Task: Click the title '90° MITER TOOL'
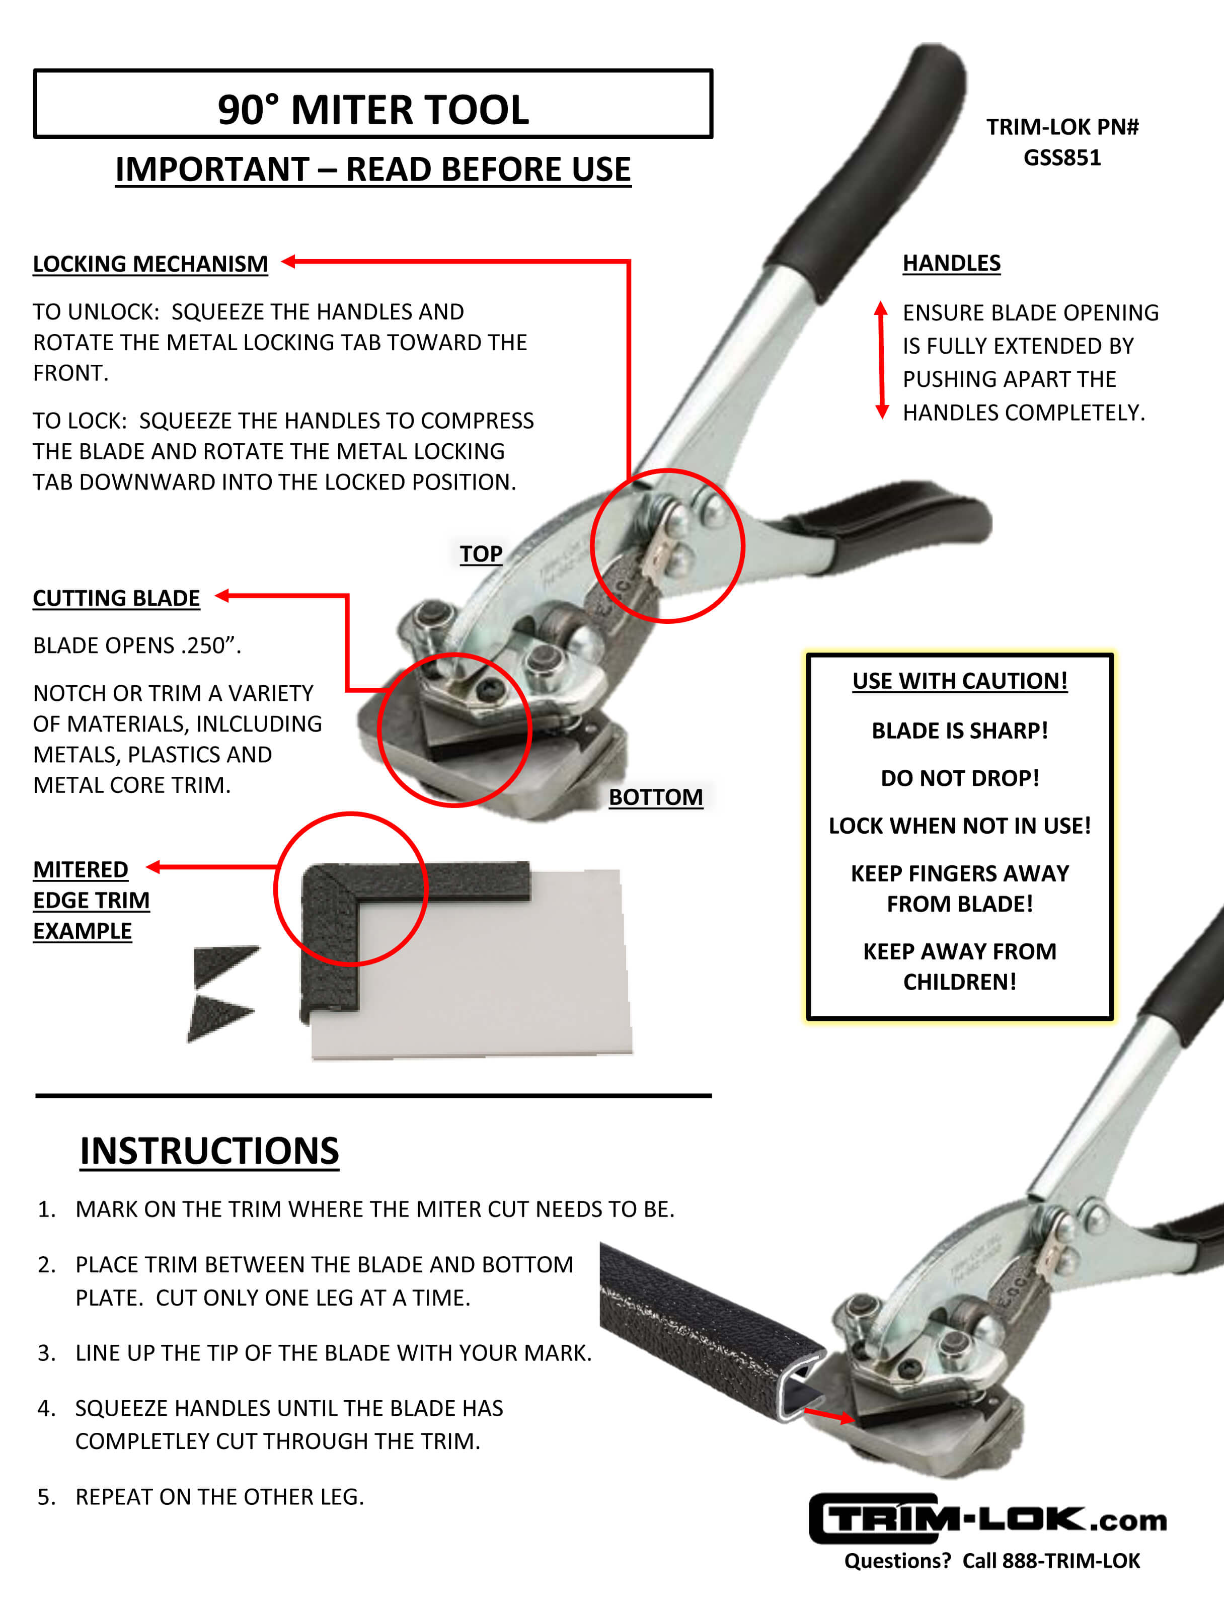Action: [373, 110]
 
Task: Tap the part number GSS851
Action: [1061, 158]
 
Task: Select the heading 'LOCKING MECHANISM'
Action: [150, 264]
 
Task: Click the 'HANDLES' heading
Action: [951, 263]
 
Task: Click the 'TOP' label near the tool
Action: [481, 554]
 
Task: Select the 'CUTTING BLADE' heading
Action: [116, 598]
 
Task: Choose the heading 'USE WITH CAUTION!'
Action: [960, 681]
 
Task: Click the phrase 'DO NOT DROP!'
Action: [960, 778]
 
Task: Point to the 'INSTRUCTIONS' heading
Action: [209, 1151]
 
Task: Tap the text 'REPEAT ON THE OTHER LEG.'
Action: [219, 1497]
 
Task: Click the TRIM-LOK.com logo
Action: [987, 1519]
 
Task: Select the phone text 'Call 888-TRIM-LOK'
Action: [1051, 1561]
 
